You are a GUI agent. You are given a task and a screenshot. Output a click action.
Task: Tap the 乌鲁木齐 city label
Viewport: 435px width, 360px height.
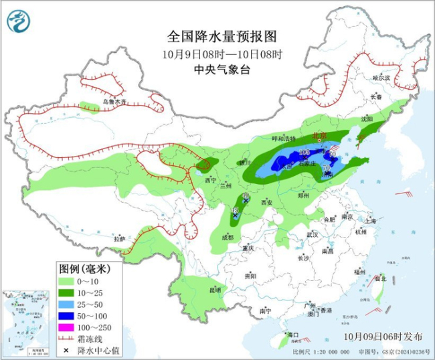click(x=114, y=102)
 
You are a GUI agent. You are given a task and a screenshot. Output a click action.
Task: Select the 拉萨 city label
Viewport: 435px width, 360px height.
click(x=119, y=238)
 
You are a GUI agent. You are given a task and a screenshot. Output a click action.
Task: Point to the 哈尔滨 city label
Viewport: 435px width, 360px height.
click(x=381, y=78)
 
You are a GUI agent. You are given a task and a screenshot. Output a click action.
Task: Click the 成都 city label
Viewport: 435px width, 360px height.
click(x=228, y=237)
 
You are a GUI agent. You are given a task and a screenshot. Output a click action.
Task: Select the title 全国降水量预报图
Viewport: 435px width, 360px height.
click(x=222, y=36)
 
